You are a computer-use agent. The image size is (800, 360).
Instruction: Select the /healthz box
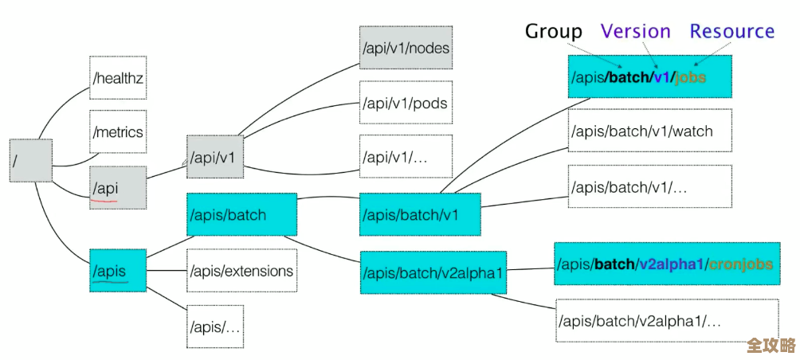(x=118, y=78)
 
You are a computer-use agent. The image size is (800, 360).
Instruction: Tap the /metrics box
(x=118, y=131)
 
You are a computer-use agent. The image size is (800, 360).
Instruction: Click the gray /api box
(x=118, y=188)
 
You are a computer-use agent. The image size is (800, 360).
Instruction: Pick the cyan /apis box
(x=118, y=271)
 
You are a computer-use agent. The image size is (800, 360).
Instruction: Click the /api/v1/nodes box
(x=406, y=48)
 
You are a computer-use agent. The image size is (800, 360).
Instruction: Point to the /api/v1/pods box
(x=406, y=104)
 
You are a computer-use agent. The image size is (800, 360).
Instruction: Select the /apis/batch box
(x=241, y=214)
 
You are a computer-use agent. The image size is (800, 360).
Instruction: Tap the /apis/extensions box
(x=241, y=271)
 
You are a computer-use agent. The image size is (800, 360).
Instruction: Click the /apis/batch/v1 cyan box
(x=420, y=215)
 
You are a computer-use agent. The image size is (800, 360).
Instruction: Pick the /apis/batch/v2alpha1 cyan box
(x=433, y=273)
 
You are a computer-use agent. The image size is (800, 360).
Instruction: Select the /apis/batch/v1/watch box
(x=649, y=131)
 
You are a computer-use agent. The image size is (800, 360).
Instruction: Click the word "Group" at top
(x=553, y=32)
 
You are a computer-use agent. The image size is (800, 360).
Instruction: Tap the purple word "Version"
(x=635, y=31)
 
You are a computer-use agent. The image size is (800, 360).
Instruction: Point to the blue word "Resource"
(x=731, y=31)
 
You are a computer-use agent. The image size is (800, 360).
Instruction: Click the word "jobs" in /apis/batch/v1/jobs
(x=690, y=77)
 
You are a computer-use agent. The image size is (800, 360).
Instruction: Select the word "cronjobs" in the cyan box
(x=740, y=264)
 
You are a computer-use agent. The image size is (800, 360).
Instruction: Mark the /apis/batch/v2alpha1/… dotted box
(x=666, y=321)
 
